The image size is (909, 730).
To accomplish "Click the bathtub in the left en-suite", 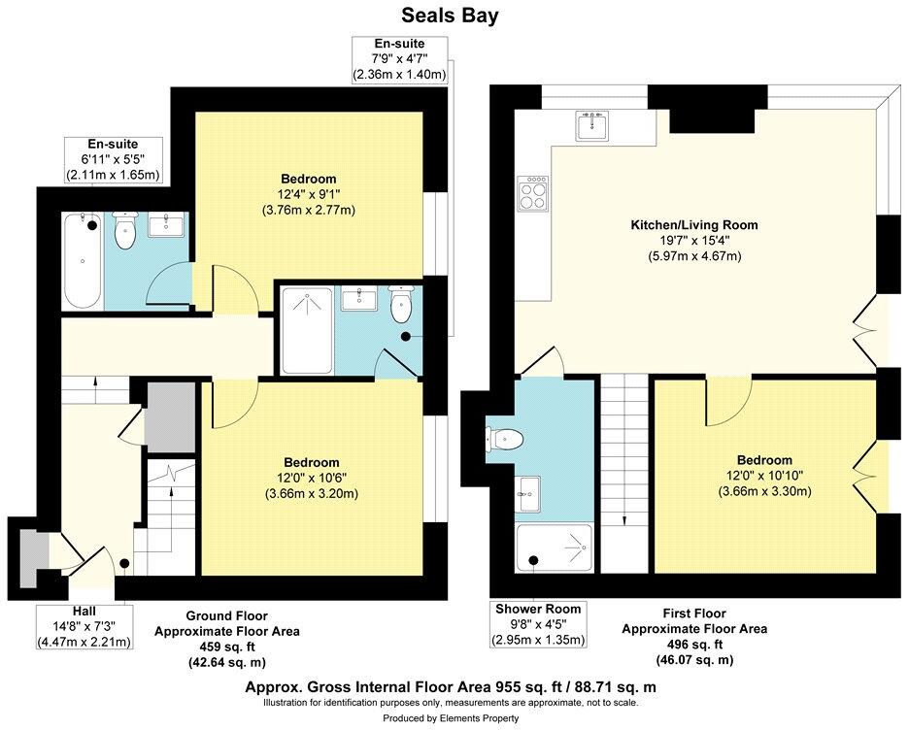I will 81,259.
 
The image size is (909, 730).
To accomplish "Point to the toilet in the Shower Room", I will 506,440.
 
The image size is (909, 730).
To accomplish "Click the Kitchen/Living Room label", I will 693,225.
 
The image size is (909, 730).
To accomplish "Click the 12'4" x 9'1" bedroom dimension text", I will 309,194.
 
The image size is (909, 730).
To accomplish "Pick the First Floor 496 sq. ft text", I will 694,645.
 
